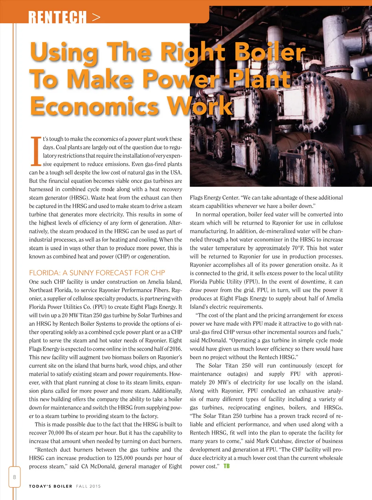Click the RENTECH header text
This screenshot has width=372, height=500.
pyautogui.click(x=57, y=17)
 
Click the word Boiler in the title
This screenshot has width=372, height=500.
pyautogui.click(x=270, y=52)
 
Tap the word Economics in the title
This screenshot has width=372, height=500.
pyautogui.click(x=94, y=106)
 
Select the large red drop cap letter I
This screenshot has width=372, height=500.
pyautogui.click(x=35, y=151)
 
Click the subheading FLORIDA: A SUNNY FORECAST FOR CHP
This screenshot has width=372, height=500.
pyautogui.click(x=97, y=273)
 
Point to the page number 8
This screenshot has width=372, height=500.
pyautogui.click(x=15, y=477)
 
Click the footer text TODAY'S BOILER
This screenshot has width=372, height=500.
pyautogui.click(x=50, y=486)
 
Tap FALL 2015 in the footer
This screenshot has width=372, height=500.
pyautogui.click(x=88, y=486)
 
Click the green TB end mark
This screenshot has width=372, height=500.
pyautogui.click(x=226, y=466)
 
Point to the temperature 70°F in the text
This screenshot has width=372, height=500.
pyautogui.click(x=298, y=248)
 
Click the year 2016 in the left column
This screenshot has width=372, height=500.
pyautogui.click(x=174, y=349)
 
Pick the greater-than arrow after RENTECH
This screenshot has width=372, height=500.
pyautogui.click(x=96, y=17)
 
